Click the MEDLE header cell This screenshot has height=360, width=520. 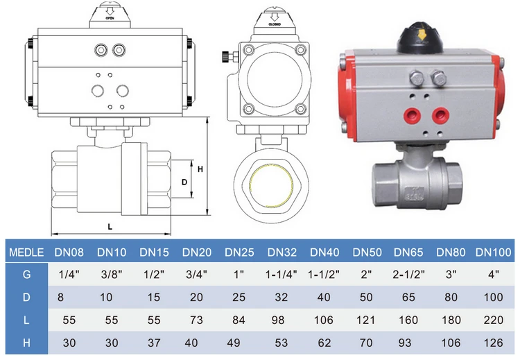coord(26,252)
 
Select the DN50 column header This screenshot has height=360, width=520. coord(367,252)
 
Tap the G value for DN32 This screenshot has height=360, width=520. coord(281,275)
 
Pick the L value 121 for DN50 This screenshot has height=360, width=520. coord(365,320)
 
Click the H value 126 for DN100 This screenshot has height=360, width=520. coord(493,343)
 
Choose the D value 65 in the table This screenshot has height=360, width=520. coord(408,297)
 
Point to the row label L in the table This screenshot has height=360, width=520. coord(26,320)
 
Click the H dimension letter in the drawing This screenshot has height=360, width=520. coord(200,169)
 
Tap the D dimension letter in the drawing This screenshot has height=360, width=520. coord(184,182)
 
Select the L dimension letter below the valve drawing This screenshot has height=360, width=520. coord(110,227)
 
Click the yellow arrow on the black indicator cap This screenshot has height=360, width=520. coord(422,34)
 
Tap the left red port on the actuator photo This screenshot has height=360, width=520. coord(413,116)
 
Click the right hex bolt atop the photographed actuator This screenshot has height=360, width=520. coord(438,78)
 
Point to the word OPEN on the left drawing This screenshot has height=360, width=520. coord(110,18)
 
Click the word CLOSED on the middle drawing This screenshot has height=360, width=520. coord(275,24)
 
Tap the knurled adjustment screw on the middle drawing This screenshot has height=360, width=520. coord(225,57)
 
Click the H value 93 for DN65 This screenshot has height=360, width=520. coord(405,343)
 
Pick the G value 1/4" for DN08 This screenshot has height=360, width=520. coord(69,275)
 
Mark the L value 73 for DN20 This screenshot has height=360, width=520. coord(196,320)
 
